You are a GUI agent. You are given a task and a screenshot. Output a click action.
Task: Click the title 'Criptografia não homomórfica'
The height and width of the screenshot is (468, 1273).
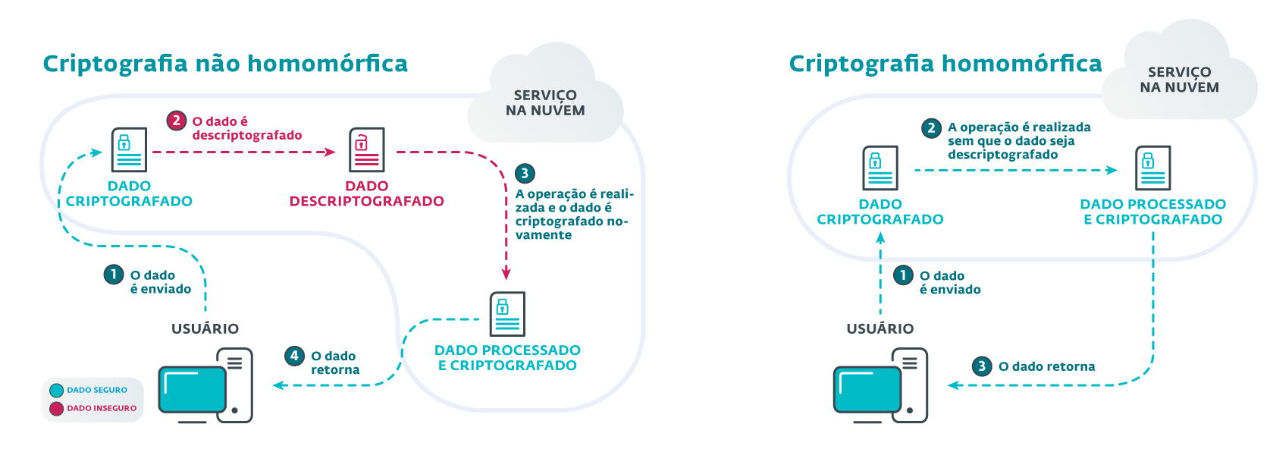point(225,64)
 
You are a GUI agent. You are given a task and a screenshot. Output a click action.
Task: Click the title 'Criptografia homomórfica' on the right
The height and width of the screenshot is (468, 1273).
point(945,64)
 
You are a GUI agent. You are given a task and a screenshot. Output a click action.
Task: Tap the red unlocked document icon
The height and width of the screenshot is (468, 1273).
point(366,149)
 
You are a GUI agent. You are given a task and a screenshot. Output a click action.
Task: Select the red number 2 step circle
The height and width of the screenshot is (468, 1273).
point(176,121)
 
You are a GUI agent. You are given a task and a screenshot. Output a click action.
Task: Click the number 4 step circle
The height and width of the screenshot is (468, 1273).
point(294,356)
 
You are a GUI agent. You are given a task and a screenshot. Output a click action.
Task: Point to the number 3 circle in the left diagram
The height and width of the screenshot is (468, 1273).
point(525,173)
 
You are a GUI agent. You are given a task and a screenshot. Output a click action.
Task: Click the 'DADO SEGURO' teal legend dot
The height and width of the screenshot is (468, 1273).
point(56,391)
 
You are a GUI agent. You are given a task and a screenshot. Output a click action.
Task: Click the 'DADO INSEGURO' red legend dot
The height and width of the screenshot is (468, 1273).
point(56,409)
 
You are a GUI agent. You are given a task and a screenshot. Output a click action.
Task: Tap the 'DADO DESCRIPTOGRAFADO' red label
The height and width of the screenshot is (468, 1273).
point(366,193)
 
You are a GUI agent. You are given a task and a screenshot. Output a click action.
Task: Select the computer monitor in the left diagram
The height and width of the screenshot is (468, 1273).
point(192,390)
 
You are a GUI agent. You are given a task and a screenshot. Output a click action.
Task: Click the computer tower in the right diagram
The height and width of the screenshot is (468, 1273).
point(910,385)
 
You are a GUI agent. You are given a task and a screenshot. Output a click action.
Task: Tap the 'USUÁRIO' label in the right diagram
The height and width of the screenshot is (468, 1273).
point(880,328)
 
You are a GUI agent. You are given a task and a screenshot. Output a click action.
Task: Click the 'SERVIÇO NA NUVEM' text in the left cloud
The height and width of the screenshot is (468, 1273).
point(545,103)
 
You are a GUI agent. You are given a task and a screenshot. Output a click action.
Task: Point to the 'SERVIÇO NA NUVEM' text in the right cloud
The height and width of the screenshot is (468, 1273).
point(1179,80)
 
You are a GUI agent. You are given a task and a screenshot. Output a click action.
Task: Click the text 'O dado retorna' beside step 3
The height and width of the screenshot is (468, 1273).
point(1046,366)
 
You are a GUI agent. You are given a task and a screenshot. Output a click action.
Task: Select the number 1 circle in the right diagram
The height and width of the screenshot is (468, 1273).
point(903,275)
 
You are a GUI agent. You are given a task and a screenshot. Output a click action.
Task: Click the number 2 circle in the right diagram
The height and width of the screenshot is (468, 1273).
point(932,127)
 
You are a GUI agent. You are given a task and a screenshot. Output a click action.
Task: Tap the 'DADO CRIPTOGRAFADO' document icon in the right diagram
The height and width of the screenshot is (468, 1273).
point(879,168)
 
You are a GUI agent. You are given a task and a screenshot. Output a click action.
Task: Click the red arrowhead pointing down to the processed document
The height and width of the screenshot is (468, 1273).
point(506,273)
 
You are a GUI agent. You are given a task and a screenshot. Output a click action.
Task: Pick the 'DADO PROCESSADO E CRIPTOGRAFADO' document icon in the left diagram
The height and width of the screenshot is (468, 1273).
point(507,313)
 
